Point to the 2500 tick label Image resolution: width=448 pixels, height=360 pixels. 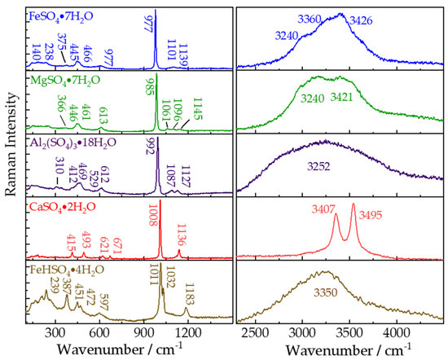click(x=256, y=332)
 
